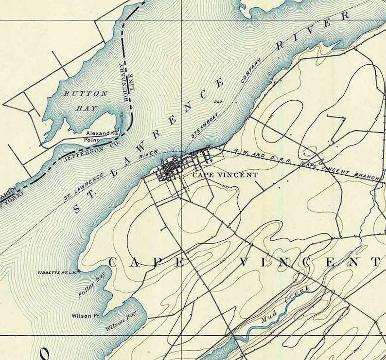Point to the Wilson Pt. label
point(86,316)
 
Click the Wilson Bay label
point(121,322)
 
